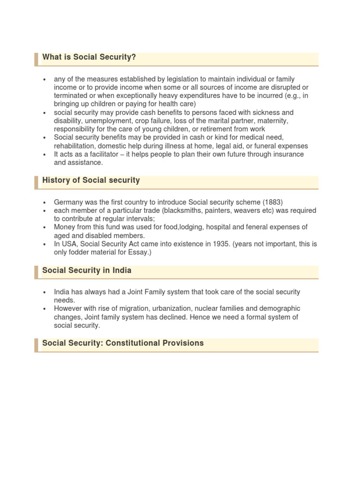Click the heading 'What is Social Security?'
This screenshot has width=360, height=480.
89,57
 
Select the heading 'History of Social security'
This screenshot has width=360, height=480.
91,180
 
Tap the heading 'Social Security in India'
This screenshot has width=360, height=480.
87,270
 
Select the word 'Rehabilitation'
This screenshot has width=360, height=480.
75,146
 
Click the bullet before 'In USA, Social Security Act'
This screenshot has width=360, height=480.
45,245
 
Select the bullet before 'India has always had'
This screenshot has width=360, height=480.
45,292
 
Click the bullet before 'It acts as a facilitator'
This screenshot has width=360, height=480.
45,155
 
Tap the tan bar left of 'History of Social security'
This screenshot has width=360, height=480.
37,182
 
